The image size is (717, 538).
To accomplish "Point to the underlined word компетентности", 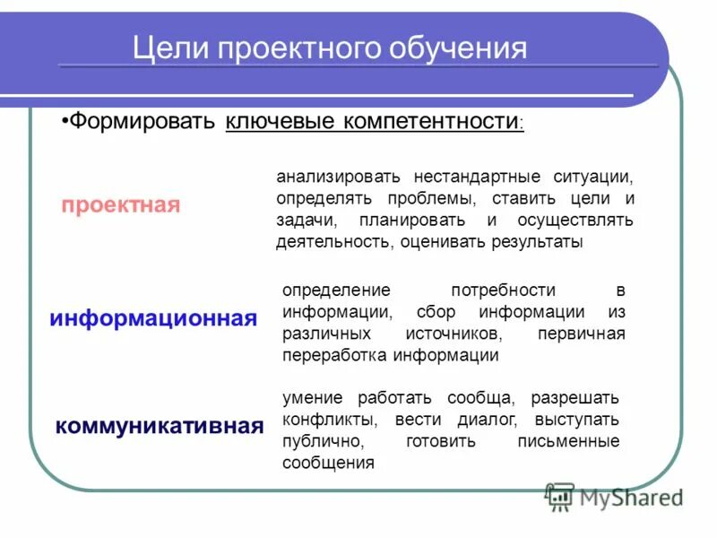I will click(x=429, y=121).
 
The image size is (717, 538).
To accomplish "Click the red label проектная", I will click(x=121, y=204).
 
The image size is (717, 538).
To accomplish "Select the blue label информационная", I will click(x=153, y=318).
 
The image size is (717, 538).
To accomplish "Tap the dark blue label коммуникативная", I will click(x=160, y=425).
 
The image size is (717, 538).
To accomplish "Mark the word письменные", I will click(x=568, y=441).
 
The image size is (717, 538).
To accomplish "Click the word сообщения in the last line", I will click(x=328, y=464).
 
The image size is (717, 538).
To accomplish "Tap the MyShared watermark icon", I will click(x=560, y=497).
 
